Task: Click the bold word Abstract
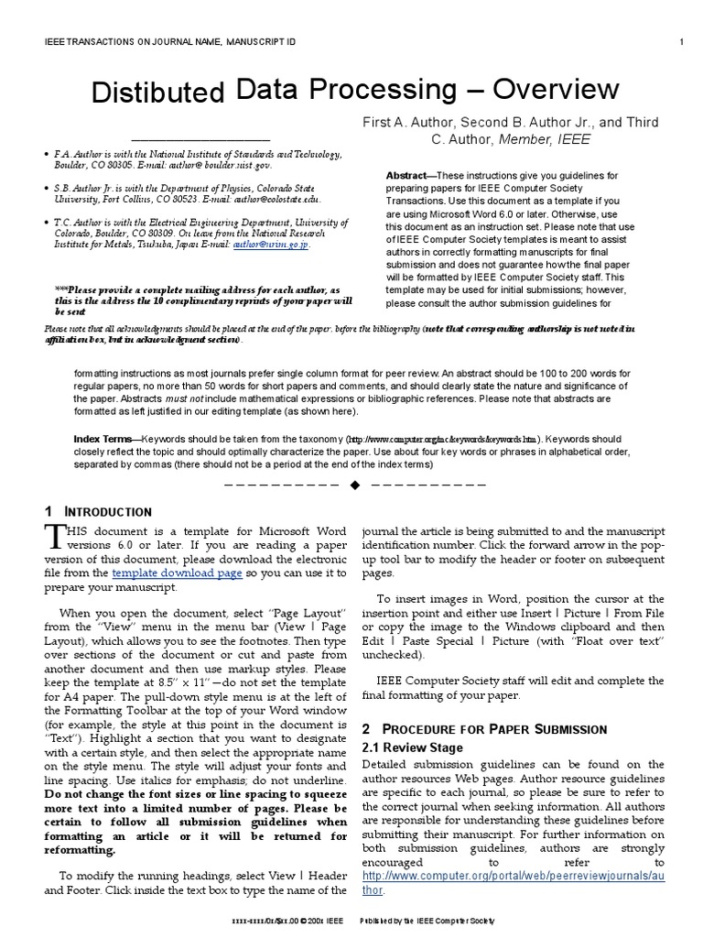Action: (406, 176)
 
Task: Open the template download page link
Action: (177, 573)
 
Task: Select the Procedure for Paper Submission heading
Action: (484, 729)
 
